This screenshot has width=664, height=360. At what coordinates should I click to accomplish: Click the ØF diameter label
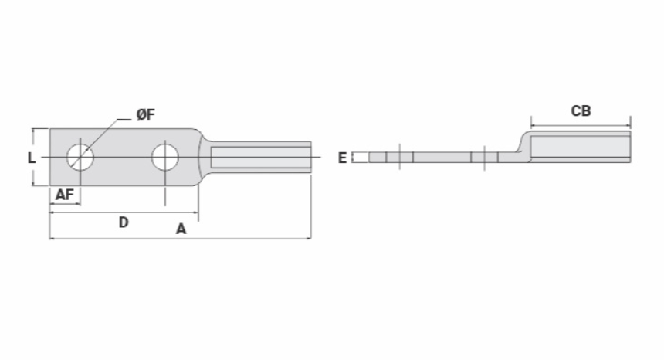click(146, 114)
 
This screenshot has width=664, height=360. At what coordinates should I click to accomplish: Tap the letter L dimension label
click(32, 158)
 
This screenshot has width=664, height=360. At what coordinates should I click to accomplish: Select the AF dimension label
click(65, 195)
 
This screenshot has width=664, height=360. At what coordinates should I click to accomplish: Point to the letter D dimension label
click(124, 222)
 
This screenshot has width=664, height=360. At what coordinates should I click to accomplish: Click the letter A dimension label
click(181, 229)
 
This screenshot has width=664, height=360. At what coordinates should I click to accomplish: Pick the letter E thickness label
click(342, 158)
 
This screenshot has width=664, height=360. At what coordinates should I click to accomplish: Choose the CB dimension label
click(581, 111)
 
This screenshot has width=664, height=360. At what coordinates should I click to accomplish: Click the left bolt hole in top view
click(80, 157)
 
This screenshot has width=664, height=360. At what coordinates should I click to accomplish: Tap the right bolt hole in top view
click(165, 157)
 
